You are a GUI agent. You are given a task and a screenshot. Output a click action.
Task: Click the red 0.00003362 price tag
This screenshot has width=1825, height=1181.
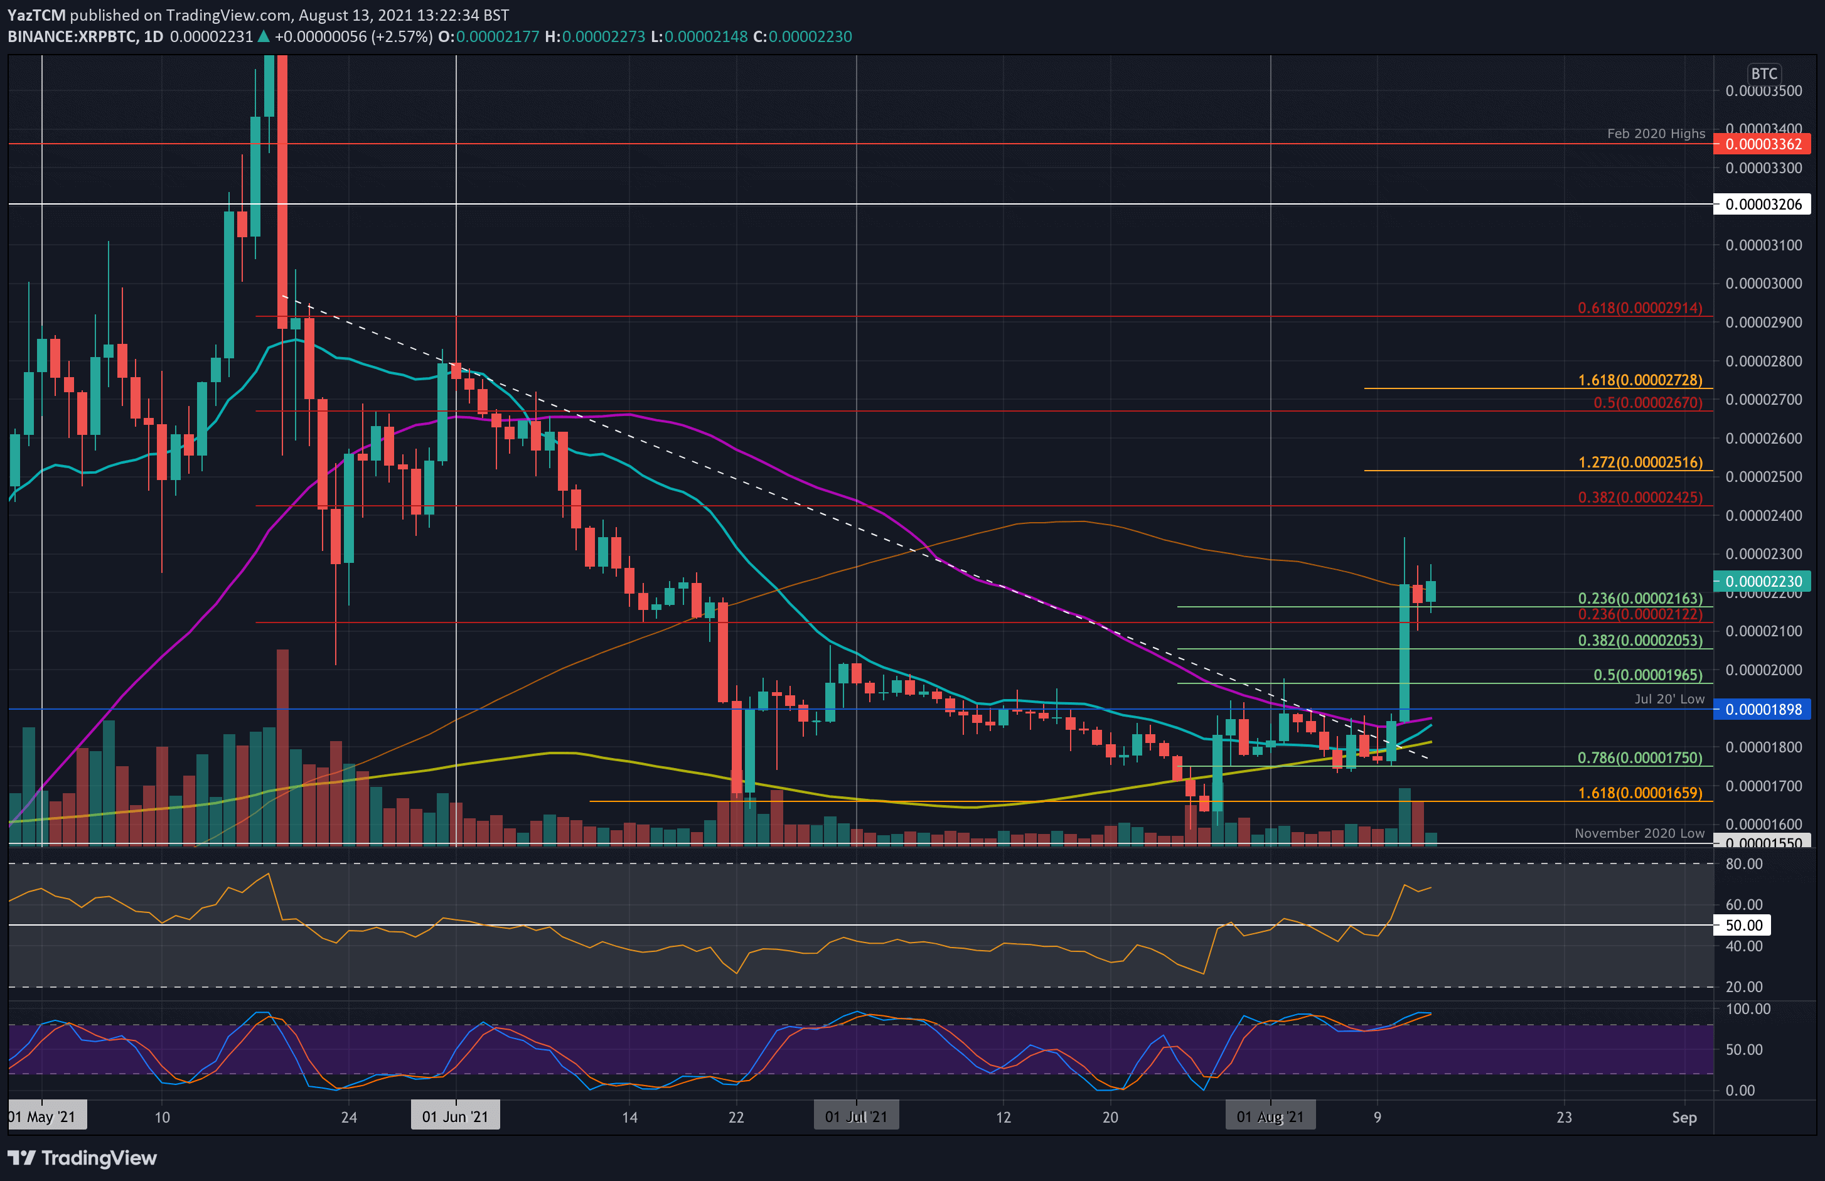click(1762, 144)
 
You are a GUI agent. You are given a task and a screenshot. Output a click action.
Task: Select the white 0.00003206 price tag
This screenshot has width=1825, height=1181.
click(1762, 204)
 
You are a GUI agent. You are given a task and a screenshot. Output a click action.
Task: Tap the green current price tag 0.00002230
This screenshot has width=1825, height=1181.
click(1762, 581)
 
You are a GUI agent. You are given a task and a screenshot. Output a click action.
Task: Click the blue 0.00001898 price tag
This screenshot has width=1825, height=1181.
click(1762, 709)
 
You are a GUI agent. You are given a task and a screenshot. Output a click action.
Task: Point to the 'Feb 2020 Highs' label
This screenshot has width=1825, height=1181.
click(1656, 134)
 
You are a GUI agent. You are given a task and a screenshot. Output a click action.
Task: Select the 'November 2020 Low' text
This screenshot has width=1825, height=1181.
click(1639, 833)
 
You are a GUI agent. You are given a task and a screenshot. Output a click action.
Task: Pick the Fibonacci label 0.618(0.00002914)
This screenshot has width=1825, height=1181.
click(1639, 308)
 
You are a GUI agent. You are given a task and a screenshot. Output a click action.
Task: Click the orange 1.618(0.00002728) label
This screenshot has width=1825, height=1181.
click(1639, 380)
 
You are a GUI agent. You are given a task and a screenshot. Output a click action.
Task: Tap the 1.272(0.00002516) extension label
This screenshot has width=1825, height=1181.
click(1639, 462)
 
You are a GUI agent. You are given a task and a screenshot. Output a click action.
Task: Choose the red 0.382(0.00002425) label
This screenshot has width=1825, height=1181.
click(1639, 498)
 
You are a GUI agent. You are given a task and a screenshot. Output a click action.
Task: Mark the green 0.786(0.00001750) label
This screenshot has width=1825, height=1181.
click(1639, 757)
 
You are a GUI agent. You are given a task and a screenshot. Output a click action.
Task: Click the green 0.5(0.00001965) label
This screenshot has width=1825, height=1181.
click(1647, 675)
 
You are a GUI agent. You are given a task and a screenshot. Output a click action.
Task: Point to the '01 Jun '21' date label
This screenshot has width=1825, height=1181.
click(455, 1116)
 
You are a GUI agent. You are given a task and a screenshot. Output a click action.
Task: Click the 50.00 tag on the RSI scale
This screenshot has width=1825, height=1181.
click(1743, 925)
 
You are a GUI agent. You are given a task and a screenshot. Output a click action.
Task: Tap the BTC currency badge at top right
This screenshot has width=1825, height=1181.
click(1763, 73)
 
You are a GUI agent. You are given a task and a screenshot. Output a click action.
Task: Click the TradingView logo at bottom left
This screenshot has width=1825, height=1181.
click(83, 1158)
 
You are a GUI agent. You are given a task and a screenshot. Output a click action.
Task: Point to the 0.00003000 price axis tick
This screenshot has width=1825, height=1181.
click(1763, 284)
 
